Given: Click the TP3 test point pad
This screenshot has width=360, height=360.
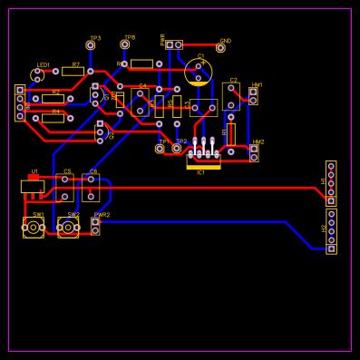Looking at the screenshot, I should (x=91, y=45).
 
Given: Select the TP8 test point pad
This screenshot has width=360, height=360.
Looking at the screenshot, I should (x=125, y=44).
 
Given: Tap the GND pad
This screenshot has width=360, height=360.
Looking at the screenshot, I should (x=220, y=47).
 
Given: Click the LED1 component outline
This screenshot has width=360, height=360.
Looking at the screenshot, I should (x=36, y=74).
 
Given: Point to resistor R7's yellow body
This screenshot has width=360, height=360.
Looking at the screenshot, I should (x=73, y=72).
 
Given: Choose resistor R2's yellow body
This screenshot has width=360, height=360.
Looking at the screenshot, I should (x=53, y=99).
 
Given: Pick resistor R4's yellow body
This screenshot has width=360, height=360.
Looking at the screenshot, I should (x=53, y=118).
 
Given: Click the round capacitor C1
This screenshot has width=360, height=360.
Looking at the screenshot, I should (x=199, y=72).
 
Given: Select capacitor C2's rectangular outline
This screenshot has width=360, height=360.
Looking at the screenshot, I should (x=231, y=96).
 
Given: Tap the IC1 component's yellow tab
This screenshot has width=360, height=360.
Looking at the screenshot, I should (x=203, y=166).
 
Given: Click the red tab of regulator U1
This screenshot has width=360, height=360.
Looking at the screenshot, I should (x=33, y=178).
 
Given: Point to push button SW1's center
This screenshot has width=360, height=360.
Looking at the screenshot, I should (x=34, y=227).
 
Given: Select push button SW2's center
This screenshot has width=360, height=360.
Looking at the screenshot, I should (x=68, y=227).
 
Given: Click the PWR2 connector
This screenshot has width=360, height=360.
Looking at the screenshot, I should (x=95, y=226).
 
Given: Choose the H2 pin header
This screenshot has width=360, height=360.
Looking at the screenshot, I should (x=331, y=231).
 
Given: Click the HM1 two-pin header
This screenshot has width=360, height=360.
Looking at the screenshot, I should (x=253, y=95).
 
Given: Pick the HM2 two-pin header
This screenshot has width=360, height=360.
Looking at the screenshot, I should (x=254, y=152).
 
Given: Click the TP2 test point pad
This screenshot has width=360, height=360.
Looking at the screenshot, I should (x=177, y=148).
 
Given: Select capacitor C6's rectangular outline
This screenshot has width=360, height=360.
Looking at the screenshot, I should (x=91, y=188).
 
